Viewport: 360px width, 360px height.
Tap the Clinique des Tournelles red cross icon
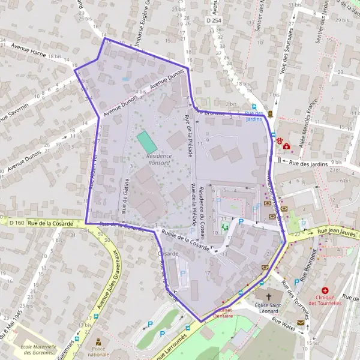[325, 290]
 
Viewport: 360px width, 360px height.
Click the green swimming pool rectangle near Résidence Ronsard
[146, 142]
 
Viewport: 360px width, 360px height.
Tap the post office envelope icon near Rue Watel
[300, 323]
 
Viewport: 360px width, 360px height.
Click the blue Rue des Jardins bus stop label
[254, 116]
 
